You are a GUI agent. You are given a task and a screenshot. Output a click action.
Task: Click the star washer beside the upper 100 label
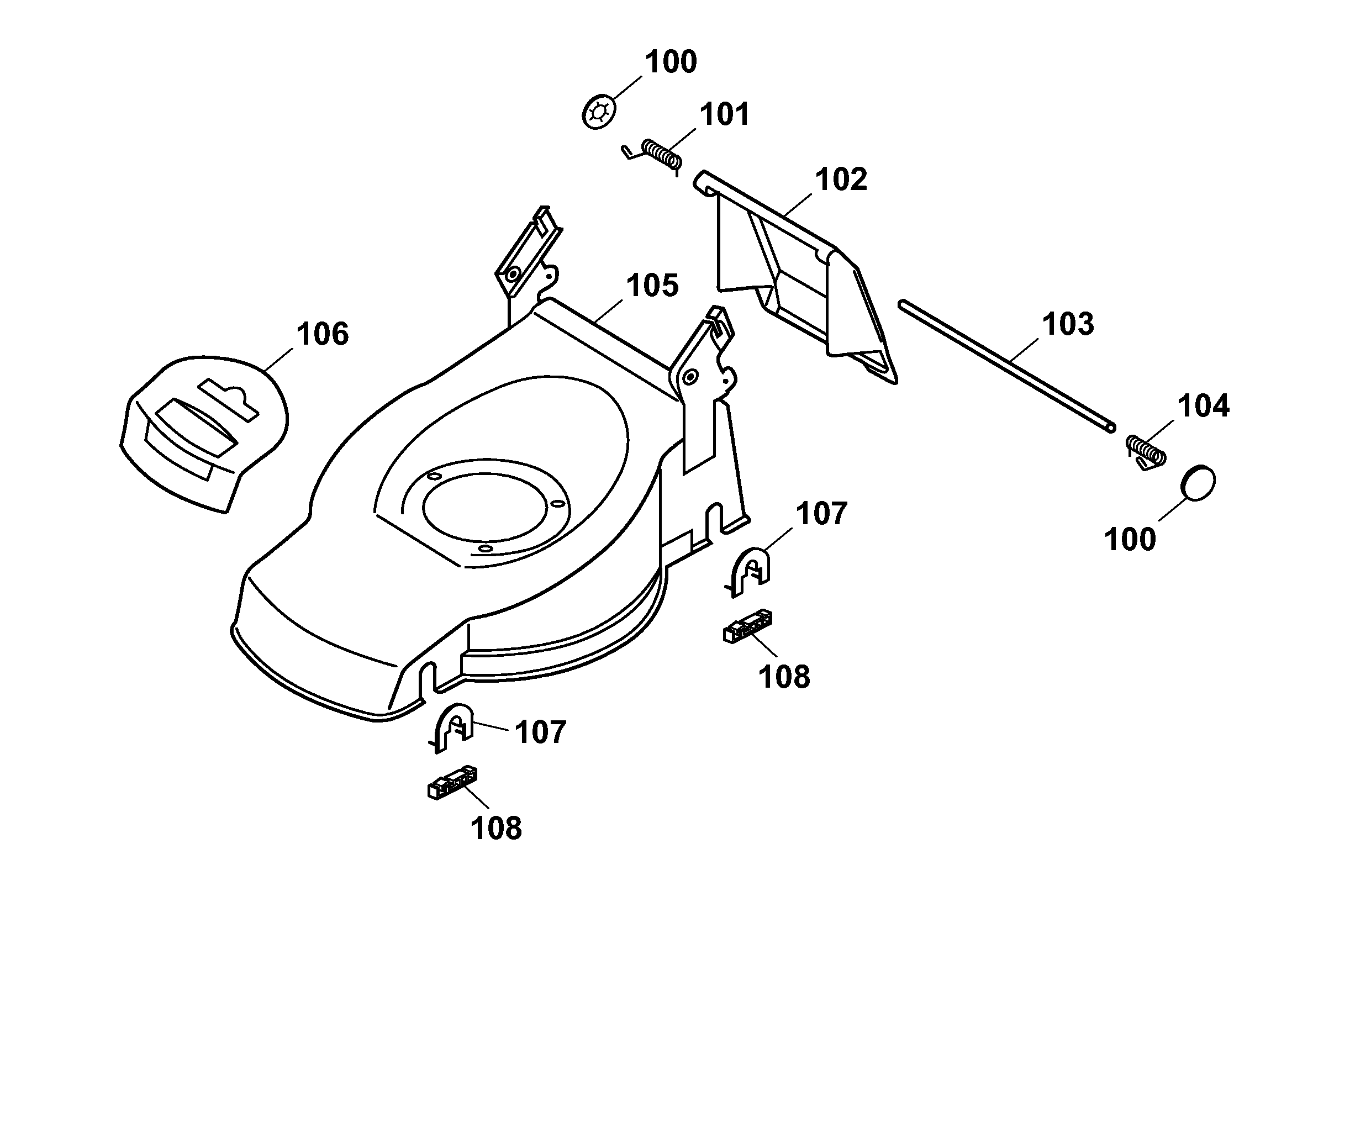tap(598, 112)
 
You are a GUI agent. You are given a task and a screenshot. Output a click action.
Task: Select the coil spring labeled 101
tap(662, 156)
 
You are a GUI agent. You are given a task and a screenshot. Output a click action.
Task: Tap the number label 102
tap(841, 180)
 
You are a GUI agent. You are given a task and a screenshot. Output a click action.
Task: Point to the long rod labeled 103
tap(1006, 366)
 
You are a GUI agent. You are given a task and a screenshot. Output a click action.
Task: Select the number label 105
tap(652, 286)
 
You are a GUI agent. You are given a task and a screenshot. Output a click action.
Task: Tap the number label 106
tap(322, 335)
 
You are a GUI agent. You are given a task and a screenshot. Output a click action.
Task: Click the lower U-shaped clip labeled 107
tap(453, 726)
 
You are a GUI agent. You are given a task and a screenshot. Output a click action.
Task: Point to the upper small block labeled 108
tap(747, 626)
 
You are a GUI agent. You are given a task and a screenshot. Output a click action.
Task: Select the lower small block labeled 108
tap(452, 783)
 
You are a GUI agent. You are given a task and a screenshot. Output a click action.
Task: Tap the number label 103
tap(1068, 324)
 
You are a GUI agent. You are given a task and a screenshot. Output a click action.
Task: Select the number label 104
tap(1203, 406)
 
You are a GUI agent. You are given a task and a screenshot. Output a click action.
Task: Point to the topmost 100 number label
tap(671, 62)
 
